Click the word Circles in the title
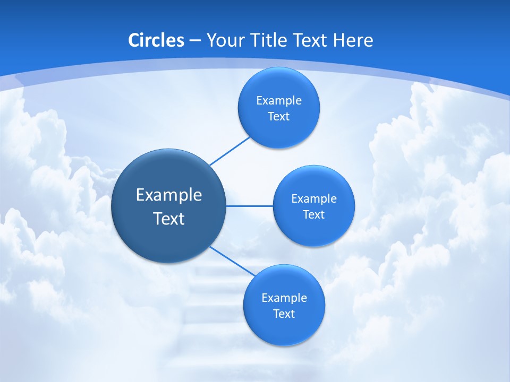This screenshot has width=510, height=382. [x=156, y=40]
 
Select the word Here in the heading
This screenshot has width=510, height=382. [x=353, y=40]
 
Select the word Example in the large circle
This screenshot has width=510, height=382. [x=169, y=195]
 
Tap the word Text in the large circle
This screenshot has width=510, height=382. [x=169, y=219]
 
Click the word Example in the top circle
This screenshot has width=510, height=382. [x=279, y=101]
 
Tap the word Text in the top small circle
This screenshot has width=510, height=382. [x=278, y=117]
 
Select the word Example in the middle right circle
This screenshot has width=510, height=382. [x=314, y=199]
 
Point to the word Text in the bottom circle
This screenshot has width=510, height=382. [x=284, y=314]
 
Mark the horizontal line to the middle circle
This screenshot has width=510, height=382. [x=250, y=206]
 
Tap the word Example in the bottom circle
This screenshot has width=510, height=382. [x=284, y=298]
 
